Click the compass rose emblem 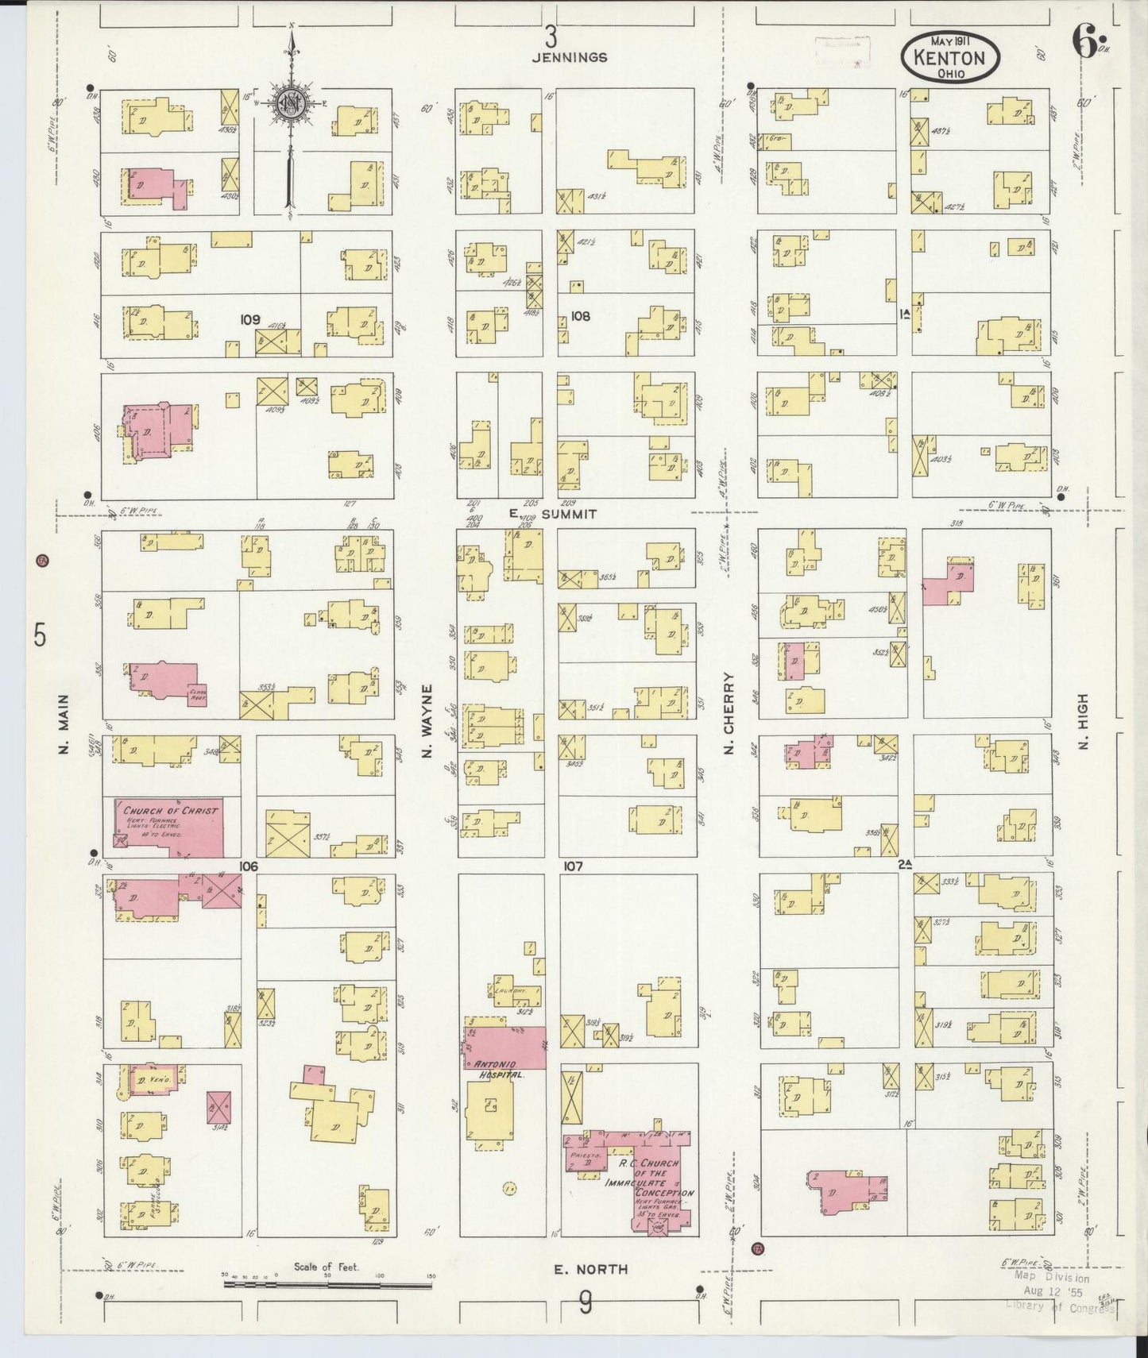pyautogui.click(x=291, y=104)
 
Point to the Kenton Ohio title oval pyautogui.click(x=950, y=59)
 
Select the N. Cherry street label pyautogui.click(x=728, y=715)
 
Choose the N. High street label pyautogui.click(x=1082, y=721)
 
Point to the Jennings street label pyautogui.click(x=570, y=57)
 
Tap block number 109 pyautogui.click(x=250, y=319)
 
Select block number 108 pyautogui.click(x=581, y=316)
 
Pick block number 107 pyautogui.click(x=573, y=866)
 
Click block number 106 pyautogui.click(x=249, y=866)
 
